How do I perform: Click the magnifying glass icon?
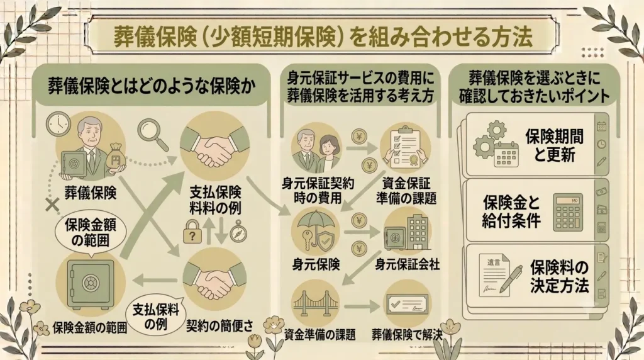(153, 134)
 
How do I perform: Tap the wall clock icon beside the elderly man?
(58, 124)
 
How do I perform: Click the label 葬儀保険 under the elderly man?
(91, 193)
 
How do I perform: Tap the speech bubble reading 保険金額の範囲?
(91, 233)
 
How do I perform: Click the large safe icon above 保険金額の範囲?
(91, 284)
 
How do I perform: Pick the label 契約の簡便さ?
(219, 326)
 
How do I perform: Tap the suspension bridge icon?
(316, 304)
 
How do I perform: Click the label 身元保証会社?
(407, 264)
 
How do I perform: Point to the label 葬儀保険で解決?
(407, 335)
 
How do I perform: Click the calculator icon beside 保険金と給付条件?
(568, 212)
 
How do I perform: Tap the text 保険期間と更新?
(555, 145)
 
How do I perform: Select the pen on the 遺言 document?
(510, 279)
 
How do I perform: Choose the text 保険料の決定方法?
(559, 276)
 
